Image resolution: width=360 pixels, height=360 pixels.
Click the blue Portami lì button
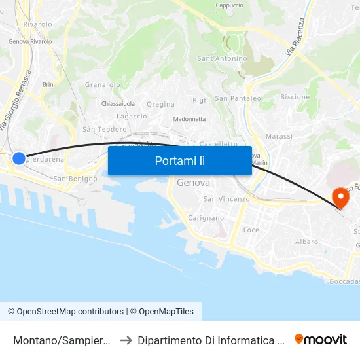179,160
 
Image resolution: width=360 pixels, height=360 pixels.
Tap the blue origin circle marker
19,158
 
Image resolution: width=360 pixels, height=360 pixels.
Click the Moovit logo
321,339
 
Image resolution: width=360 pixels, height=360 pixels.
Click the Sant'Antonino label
223,58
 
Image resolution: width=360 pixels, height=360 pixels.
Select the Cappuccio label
229,5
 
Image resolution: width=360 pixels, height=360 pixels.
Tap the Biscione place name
295,97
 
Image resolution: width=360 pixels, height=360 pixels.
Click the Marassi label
279,136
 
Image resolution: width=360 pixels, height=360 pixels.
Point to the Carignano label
206,218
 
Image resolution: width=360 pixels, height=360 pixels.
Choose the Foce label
251,230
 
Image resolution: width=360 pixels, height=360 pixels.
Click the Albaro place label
306,242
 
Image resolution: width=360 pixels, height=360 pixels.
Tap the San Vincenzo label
226,199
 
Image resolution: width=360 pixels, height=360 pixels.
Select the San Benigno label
75,178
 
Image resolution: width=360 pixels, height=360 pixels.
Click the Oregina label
160,104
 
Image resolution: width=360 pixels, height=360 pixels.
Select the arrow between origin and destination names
125,340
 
